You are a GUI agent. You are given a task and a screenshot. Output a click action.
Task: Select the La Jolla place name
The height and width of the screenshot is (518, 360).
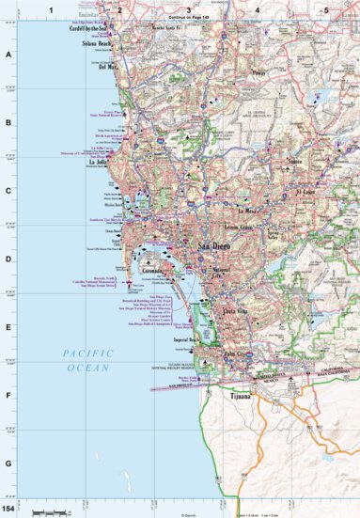pos(99,161)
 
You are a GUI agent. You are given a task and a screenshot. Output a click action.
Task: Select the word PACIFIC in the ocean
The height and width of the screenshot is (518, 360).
pos(85,353)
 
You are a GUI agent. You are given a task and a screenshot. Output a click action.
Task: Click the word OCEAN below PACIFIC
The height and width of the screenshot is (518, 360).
pos(85,368)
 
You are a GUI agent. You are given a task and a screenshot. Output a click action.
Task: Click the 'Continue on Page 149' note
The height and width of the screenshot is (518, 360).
pos(188,18)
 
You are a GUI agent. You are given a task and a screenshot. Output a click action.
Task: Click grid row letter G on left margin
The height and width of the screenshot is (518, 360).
pos(8,463)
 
